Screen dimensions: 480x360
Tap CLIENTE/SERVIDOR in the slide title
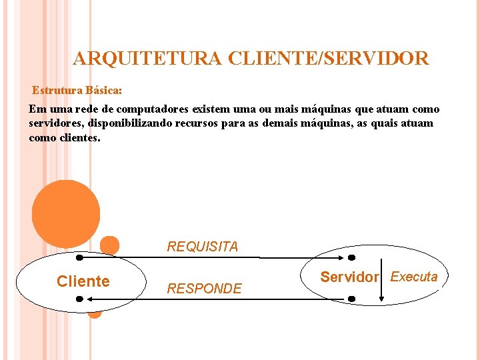point(328,59)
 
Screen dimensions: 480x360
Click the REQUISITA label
point(202,247)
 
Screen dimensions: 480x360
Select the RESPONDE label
point(204,289)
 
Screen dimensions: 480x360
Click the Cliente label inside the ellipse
point(83,281)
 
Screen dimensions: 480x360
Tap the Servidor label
point(349,277)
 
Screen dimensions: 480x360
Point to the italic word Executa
point(414,277)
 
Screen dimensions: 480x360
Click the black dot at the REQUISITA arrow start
point(79,257)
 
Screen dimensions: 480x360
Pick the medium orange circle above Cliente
point(109,245)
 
